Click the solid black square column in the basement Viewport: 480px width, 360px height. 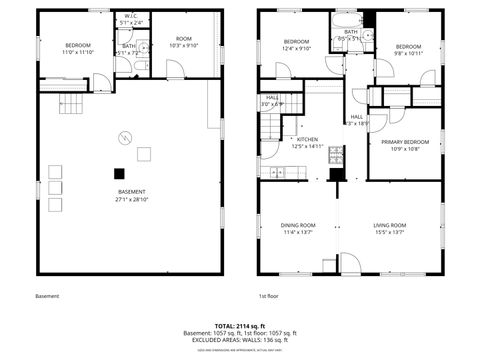(118, 172)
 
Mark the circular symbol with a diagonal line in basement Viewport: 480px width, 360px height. (125, 137)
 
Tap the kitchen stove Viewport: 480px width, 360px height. (337, 155)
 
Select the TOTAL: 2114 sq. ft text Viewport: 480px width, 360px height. (239, 326)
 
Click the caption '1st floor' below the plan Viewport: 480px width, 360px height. (268, 296)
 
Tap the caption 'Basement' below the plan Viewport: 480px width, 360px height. (47, 296)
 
